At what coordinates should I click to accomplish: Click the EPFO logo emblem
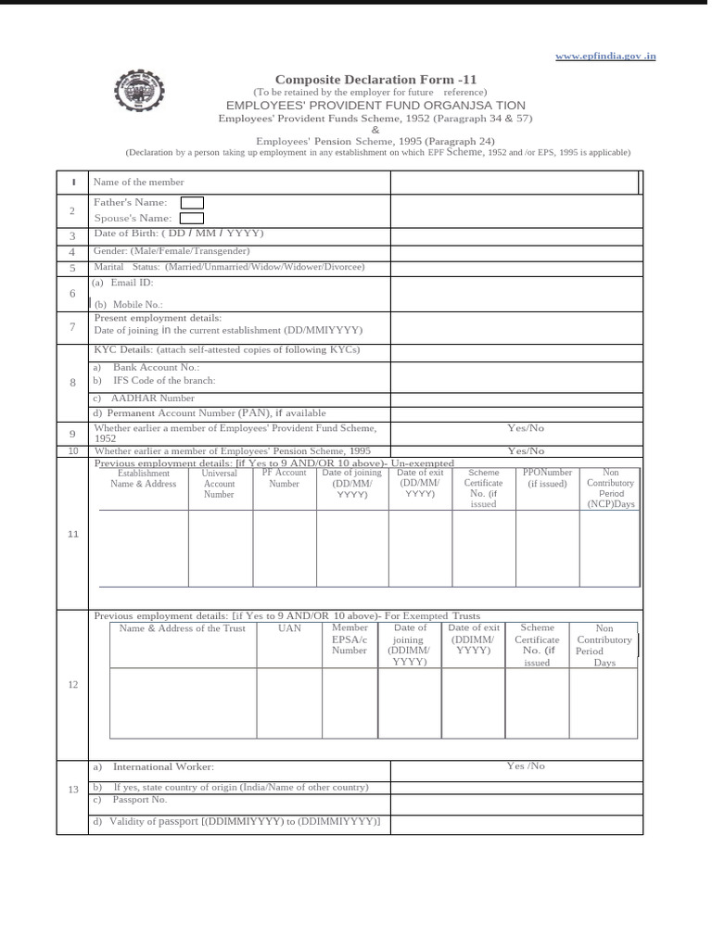pyautogui.click(x=136, y=95)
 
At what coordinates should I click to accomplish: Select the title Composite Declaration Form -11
pyautogui.click(x=375, y=80)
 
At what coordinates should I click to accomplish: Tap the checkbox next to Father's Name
pyautogui.click(x=192, y=202)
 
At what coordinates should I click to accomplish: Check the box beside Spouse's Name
pyautogui.click(x=191, y=218)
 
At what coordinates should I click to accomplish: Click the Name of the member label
pyautogui.click(x=139, y=183)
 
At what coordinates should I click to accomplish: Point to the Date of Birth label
pyautogui.click(x=179, y=234)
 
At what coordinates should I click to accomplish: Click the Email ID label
pyautogui.click(x=132, y=283)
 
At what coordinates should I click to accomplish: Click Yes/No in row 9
pyautogui.click(x=526, y=428)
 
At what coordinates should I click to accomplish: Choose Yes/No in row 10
pyautogui.click(x=526, y=451)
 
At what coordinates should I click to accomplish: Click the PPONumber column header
pyautogui.click(x=547, y=478)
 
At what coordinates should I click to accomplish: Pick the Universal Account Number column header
pyautogui.click(x=220, y=484)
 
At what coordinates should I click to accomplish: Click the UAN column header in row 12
pyautogui.click(x=289, y=628)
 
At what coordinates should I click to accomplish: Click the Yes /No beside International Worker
pyautogui.click(x=526, y=766)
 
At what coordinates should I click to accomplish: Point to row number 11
pyautogui.click(x=72, y=535)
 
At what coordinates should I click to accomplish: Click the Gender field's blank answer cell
pyautogui.click(x=515, y=251)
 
